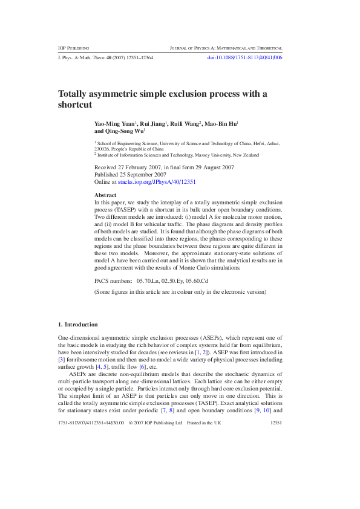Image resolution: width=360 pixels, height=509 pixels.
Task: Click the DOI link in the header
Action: [x=244, y=57]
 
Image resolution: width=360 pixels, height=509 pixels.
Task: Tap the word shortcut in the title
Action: [x=75, y=105]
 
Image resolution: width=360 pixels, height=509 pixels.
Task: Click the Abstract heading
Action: [x=105, y=195]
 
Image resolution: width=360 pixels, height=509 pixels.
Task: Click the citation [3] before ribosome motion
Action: [x=61, y=359]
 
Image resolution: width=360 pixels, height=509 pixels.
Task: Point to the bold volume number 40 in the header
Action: [x=109, y=57]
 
